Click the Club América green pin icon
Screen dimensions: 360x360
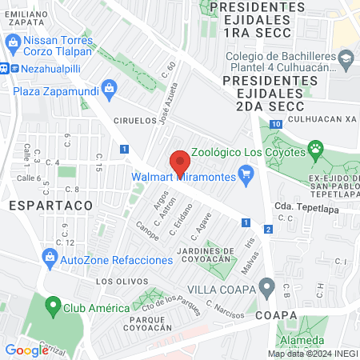pyautogui.click(x=53, y=307)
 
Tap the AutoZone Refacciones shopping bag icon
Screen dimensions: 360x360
pyautogui.click(x=50, y=258)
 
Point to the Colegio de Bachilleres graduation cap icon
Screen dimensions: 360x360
pyautogui.click(x=345, y=61)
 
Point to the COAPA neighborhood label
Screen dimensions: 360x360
pyautogui.click(x=277, y=315)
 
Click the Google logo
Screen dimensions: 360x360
pyautogui.click(x=27, y=350)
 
